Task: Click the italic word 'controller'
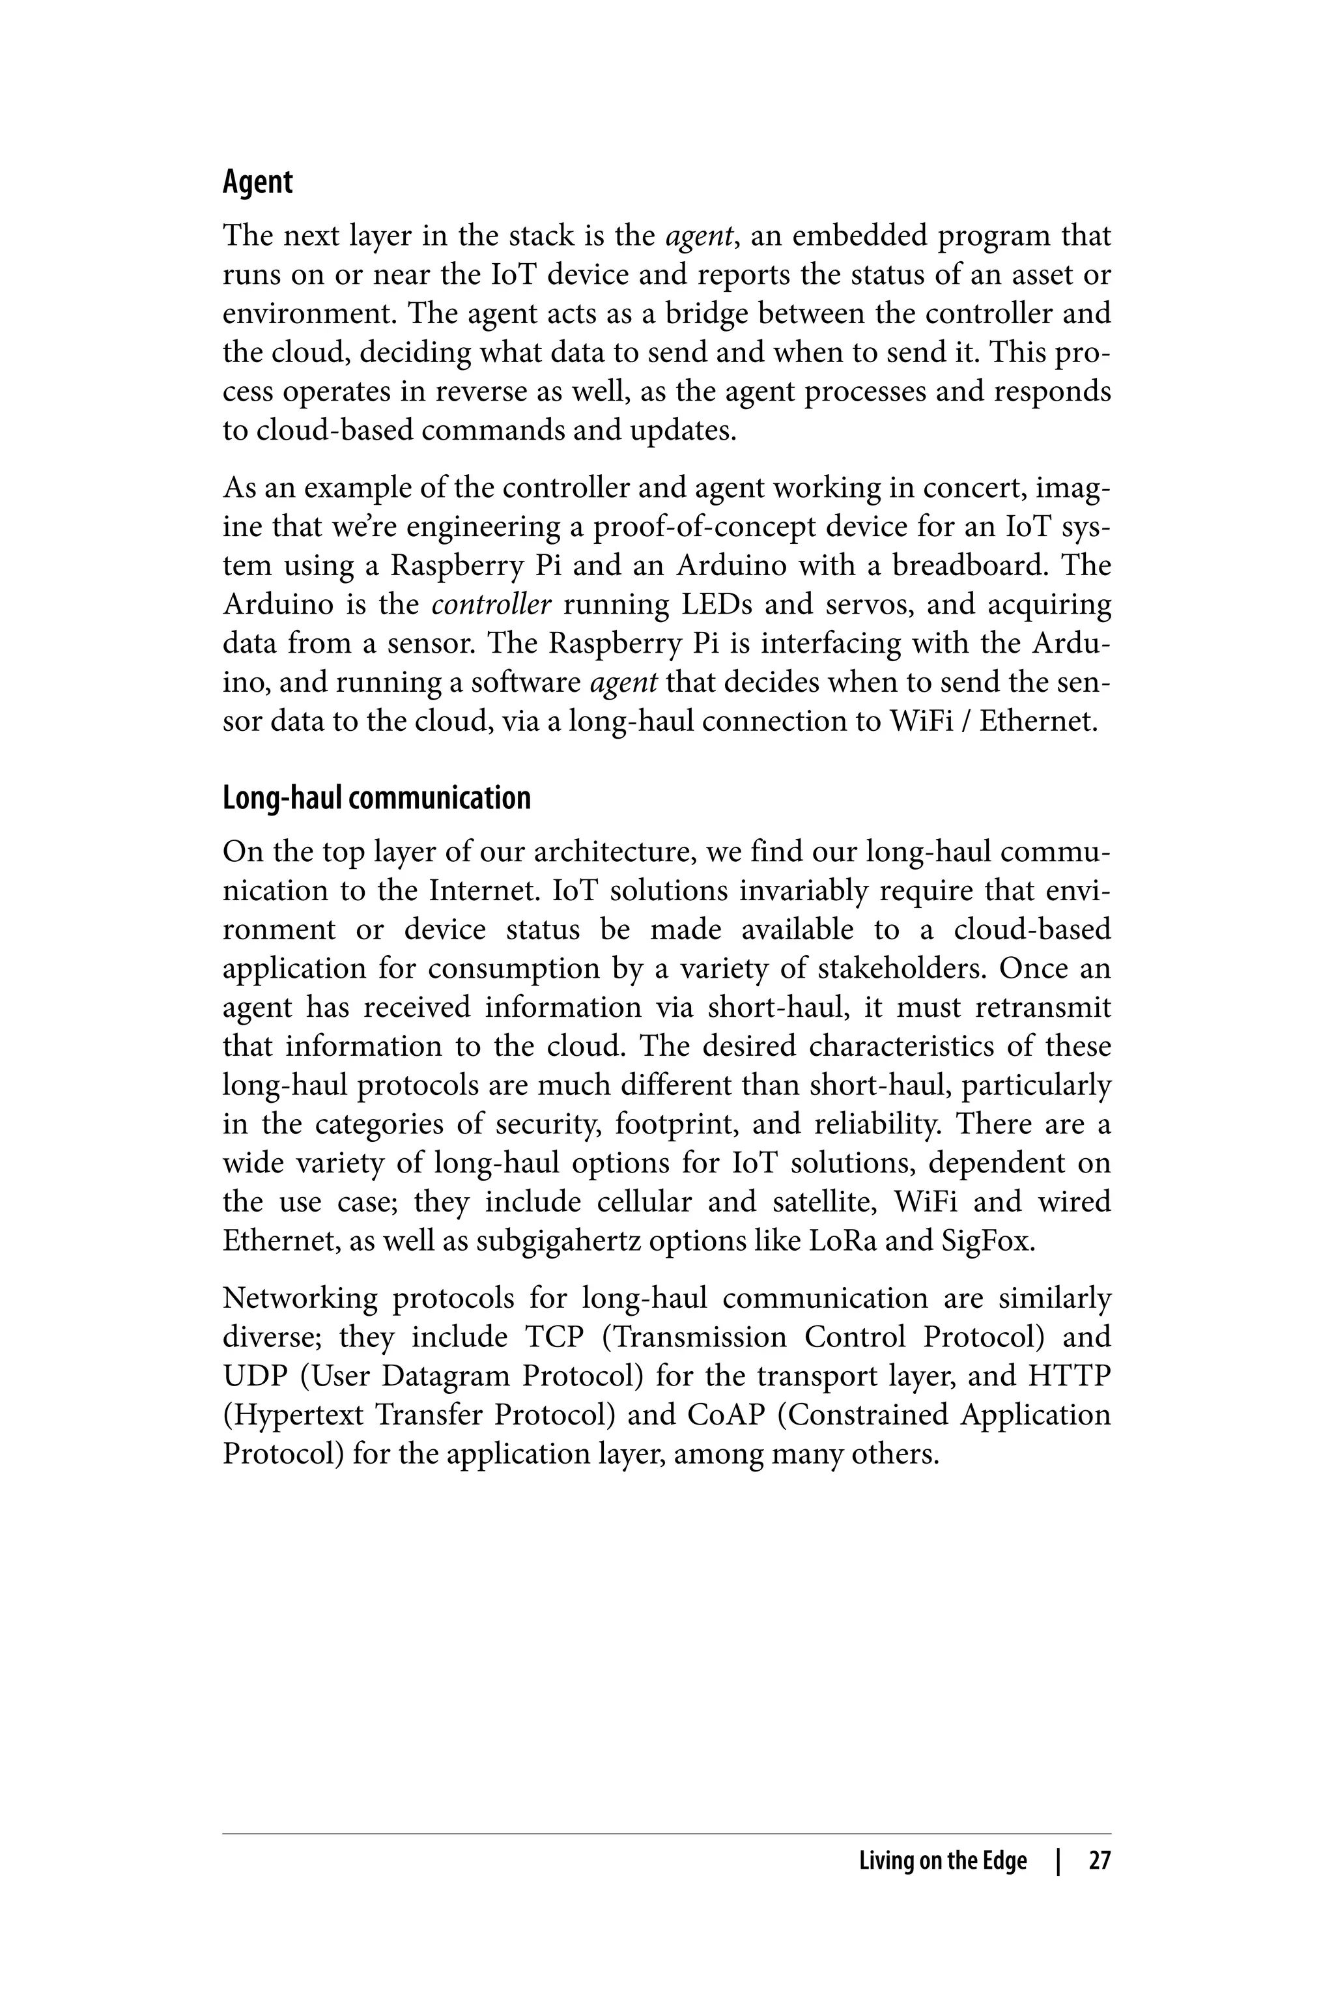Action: point(492,605)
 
